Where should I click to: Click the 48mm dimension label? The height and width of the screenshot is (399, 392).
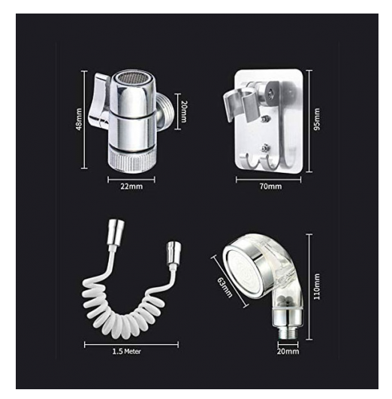point(79,119)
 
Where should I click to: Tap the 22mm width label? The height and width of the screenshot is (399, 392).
point(131,186)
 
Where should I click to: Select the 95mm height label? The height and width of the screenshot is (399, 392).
point(317,119)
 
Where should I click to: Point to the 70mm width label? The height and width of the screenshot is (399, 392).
point(270,186)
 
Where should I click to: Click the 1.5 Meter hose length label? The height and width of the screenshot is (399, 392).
point(126,352)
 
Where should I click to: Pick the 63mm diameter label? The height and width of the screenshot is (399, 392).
point(225,287)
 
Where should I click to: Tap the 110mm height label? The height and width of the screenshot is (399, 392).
point(317,286)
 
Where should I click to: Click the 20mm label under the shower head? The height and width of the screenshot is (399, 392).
point(288,351)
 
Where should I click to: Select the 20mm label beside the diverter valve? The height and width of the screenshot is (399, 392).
point(184,111)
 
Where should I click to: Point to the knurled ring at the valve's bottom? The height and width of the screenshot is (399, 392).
point(131,159)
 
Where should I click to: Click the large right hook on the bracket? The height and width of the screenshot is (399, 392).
point(288,143)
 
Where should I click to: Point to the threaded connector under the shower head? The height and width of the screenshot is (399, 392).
point(288,331)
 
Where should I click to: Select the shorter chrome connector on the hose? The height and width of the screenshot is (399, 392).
point(173,253)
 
